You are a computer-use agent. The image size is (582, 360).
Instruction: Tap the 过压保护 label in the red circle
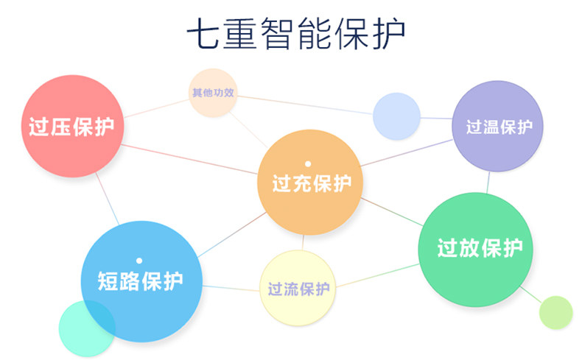click(71, 127)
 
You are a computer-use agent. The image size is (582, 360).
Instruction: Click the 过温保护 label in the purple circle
click(499, 127)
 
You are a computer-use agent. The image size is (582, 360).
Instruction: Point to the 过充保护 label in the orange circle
click(312, 183)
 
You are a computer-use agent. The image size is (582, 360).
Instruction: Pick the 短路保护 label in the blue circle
click(140, 280)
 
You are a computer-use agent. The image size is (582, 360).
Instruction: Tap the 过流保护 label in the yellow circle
click(298, 288)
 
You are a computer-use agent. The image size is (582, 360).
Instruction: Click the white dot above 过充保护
click(308, 163)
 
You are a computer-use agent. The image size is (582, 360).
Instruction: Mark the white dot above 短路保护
click(139, 260)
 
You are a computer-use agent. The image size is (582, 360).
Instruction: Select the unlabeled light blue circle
click(396, 116)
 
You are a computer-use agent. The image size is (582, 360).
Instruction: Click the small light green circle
click(555, 312)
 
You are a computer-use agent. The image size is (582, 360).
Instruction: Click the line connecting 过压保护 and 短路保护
click(107, 199)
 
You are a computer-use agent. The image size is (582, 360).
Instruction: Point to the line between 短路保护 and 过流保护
click(230, 287)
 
